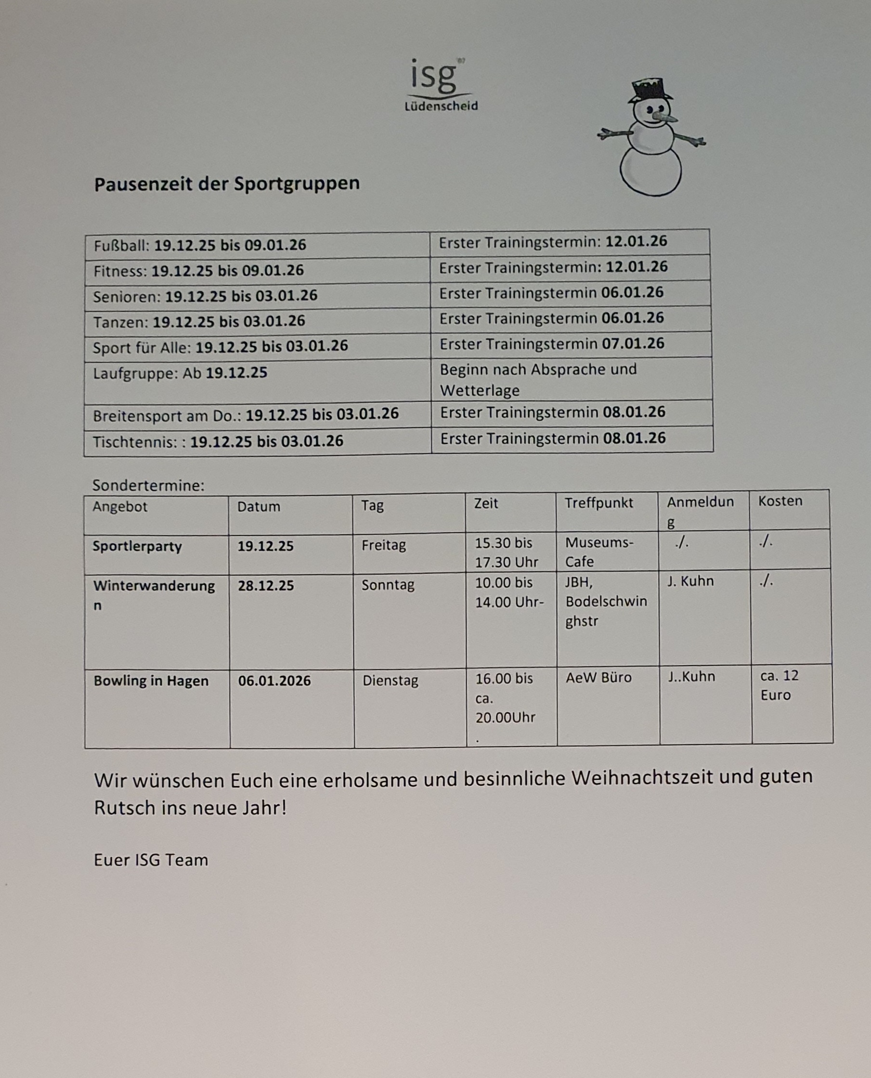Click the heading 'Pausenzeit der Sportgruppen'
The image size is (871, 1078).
click(x=227, y=184)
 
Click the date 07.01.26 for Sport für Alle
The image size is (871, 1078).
click(x=633, y=344)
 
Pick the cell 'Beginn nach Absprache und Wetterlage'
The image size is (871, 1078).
click(x=538, y=380)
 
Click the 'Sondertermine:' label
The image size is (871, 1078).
click(x=148, y=486)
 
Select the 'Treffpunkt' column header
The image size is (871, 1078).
click(x=598, y=503)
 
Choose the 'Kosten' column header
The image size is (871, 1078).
click(x=780, y=501)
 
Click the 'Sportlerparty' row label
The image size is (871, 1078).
click(x=137, y=546)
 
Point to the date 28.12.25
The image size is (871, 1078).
click(x=265, y=586)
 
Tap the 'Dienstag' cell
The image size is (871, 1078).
click(x=390, y=681)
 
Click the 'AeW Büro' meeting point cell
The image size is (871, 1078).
click(x=598, y=678)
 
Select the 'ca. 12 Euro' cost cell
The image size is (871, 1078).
click(x=779, y=685)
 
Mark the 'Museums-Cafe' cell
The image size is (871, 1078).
click(x=599, y=552)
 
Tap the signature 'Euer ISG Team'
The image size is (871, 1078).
click(x=151, y=860)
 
